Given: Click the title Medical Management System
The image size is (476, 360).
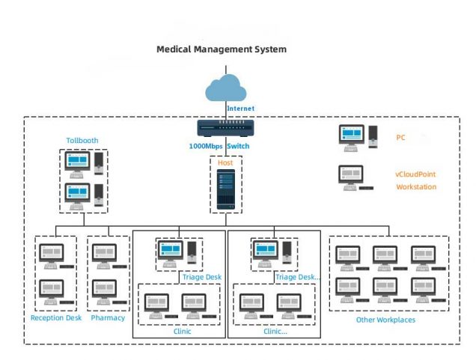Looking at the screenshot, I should pyautogui.click(x=221, y=49).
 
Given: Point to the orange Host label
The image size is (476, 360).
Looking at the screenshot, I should pyautogui.click(x=225, y=162).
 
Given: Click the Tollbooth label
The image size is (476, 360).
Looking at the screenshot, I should pyautogui.click(x=82, y=140).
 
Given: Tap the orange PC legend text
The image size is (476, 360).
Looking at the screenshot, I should pyautogui.click(x=400, y=138).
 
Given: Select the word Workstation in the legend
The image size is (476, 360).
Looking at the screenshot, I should pyautogui.click(x=415, y=187).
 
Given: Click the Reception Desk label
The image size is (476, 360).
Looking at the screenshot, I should pyautogui.click(x=56, y=318).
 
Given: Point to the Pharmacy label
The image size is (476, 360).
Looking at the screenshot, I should pyautogui.click(x=108, y=318).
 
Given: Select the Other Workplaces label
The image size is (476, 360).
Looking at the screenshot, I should pyautogui.click(x=385, y=320).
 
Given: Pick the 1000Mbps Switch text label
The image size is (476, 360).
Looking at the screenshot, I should pyautogui.click(x=219, y=146).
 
